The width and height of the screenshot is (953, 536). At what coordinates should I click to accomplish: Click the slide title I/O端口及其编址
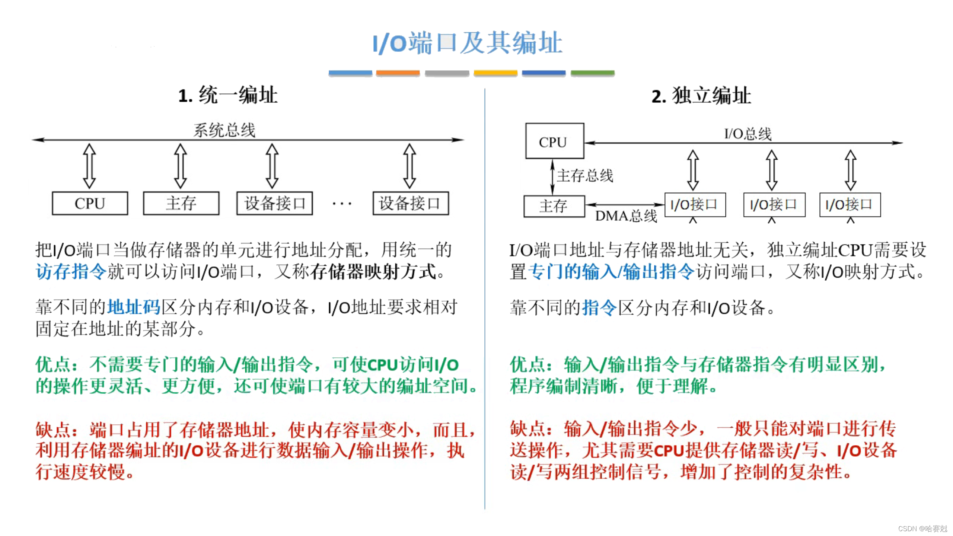tap(468, 43)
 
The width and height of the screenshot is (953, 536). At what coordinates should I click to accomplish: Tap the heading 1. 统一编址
tap(228, 95)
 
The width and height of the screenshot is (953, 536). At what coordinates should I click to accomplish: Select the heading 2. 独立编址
tap(701, 96)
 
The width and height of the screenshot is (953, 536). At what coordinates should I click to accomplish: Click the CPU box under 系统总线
tap(90, 203)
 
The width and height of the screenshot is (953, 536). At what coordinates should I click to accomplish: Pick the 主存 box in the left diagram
tap(181, 203)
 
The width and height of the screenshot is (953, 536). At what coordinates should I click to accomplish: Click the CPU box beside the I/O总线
tap(554, 141)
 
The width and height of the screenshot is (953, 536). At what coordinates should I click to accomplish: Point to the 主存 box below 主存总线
tap(554, 206)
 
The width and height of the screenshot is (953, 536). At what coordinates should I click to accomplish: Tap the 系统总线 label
tap(224, 130)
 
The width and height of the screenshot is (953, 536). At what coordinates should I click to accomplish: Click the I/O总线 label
tap(748, 134)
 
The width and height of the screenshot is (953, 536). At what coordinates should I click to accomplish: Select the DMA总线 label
tap(626, 216)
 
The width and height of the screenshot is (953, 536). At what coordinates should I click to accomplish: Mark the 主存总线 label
tap(585, 175)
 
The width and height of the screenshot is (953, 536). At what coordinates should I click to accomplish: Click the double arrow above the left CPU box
tap(89, 166)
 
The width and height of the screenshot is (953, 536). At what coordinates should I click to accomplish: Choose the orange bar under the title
tap(398, 73)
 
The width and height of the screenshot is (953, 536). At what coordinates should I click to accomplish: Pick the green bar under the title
tap(592, 73)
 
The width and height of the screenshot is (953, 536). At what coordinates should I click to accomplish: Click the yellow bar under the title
tap(495, 73)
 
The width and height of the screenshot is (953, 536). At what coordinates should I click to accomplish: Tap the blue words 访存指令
tap(71, 271)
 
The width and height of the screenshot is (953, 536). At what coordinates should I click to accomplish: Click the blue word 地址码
tap(134, 307)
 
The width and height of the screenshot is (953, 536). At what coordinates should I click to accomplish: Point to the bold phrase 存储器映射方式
tap(373, 271)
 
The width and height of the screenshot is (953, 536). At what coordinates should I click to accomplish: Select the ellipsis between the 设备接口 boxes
tap(342, 204)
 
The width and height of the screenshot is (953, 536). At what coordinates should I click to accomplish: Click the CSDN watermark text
tap(922, 529)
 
